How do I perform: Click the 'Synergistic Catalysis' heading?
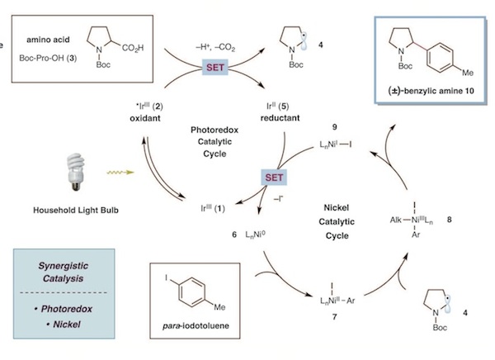[64, 272]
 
